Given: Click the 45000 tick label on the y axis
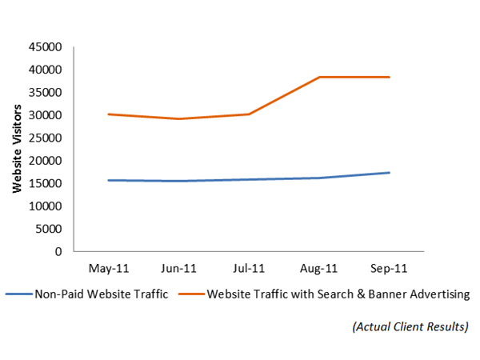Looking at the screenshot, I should coord(47,47).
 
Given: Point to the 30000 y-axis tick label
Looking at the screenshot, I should coord(47,115).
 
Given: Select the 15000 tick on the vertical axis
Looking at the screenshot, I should coord(47,183).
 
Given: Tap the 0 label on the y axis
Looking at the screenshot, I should coord(58,251).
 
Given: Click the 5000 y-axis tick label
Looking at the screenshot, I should coord(50,229).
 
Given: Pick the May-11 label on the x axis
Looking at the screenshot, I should coord(110,268).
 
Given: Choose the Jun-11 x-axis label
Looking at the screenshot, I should coord(179,268).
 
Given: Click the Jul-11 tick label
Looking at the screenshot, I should coord(250,268).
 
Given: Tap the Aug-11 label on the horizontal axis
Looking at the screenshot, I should coord(320,268).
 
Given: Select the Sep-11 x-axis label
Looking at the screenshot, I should coord(390,268).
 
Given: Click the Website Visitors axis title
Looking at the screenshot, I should coord(16,150).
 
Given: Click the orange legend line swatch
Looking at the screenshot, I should coord(190,294).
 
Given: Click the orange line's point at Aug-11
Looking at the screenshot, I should coord(320,77).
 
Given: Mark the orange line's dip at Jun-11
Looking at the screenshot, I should coord(179,119).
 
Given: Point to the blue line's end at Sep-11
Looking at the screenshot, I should coord(390,173).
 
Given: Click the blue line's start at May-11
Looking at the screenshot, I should coord(110,180).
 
